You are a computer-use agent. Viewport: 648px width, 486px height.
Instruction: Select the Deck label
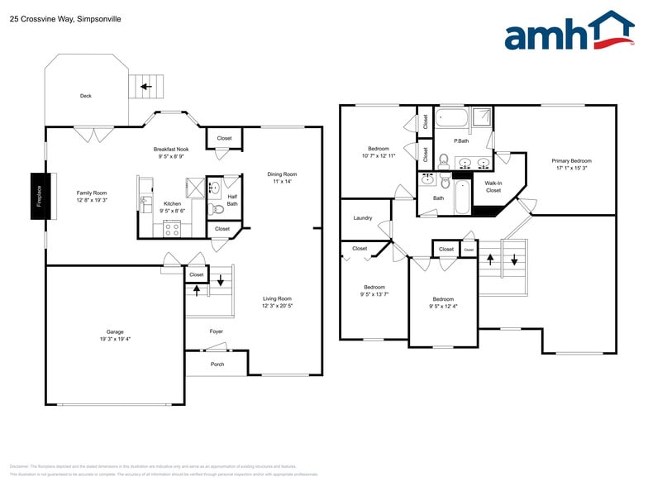tap(86, 96)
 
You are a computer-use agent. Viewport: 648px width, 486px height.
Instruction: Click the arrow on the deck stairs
tap(146, 86)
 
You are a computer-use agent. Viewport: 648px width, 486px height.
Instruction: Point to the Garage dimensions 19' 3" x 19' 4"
tap(114, 339)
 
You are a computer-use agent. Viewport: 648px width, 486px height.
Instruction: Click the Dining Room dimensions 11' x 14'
tap(282, 182)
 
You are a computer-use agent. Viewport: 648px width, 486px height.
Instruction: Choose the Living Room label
tap(277, 298)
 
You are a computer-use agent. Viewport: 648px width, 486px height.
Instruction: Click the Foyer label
tap(216, 331)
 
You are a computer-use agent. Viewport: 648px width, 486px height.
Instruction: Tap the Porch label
tap(217, 364)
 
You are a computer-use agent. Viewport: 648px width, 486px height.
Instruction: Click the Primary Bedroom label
tap(571, 160)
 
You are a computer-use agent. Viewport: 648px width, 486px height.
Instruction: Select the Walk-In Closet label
tap(493, 186)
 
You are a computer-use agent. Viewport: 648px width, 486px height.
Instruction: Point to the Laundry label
tap(362, 218)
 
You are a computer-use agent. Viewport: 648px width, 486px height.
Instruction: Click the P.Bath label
tap(461, 141)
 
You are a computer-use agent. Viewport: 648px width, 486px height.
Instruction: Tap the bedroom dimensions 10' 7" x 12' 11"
tap(379, 155)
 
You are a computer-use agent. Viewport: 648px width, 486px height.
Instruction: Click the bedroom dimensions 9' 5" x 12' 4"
tap(443, 307)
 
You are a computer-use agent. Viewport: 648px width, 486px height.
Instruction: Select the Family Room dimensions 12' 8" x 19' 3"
tap(92, 200)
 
